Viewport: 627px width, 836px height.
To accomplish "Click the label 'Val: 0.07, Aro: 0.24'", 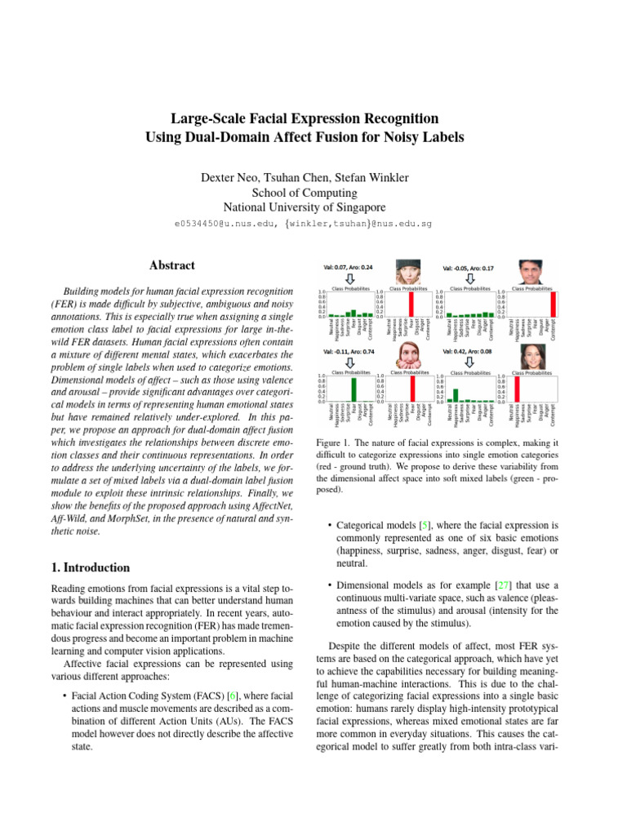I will [349, 267].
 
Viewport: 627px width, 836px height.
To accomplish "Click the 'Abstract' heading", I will [172, 265].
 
